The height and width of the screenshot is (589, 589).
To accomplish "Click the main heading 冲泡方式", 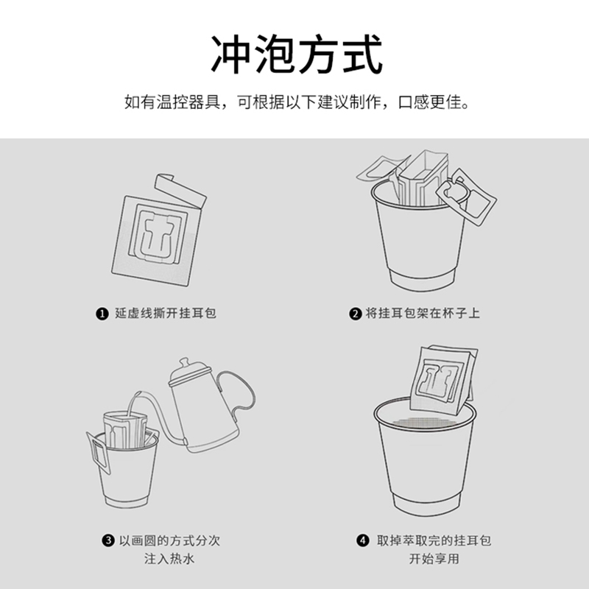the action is pos(297,54).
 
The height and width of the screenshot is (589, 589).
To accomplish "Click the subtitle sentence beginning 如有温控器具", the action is pos(297,102).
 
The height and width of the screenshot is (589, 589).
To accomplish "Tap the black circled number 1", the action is pos(102,314).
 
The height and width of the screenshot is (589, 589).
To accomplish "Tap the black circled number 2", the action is pos(355,314).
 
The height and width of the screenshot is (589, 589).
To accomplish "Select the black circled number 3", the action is pos(107,541).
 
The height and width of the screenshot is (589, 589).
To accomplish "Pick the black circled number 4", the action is pos(362,541).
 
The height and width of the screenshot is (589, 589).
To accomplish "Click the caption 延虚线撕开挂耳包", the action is pos(166,314).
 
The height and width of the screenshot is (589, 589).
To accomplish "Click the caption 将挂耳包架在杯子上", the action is pos(423,314).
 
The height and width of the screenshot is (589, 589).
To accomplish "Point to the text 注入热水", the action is pos(169,559).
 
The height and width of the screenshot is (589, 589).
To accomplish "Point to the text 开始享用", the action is pos(434,559).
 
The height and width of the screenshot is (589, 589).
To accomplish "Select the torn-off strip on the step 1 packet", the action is pos(180,190).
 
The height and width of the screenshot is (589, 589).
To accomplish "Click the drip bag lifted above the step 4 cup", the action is pos(444,379).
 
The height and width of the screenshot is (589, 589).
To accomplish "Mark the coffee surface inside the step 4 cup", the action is pos(425,422).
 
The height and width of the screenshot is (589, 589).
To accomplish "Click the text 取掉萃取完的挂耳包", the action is pos(434,540).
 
